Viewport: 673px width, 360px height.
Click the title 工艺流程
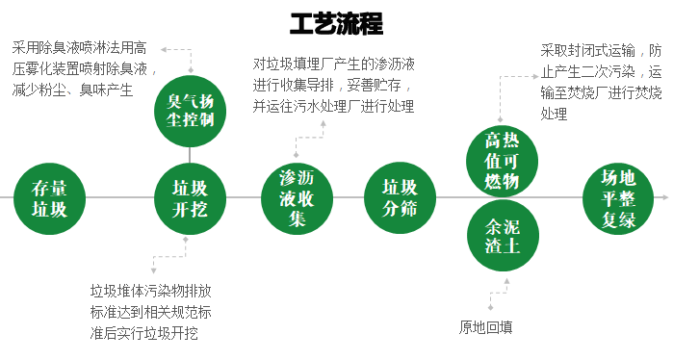point(336,23)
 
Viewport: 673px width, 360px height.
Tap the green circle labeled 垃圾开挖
point(189,198)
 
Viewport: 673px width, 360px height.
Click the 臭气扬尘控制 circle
point(190,109)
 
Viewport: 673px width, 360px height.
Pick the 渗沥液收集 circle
point(297,198)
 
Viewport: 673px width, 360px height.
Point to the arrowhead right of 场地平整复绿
point(664,197)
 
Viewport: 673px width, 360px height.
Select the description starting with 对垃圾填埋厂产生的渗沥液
point(334,86)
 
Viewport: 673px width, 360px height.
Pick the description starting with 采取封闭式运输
point(601,82)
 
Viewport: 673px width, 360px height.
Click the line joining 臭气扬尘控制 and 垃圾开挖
point(190,152)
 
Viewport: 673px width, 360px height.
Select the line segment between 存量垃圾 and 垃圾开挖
point(119,198)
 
